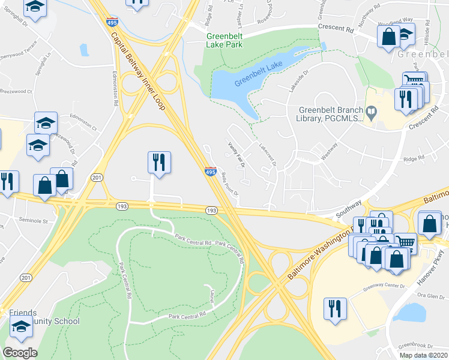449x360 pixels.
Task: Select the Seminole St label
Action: pyautogui.click(x=33, y=221)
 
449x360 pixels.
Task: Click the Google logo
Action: pyautogui.click(x=20, y=352)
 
